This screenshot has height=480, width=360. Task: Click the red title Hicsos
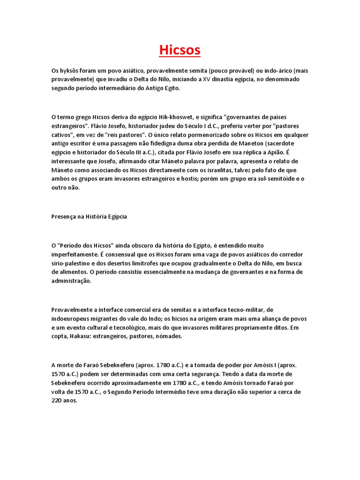click(x=180, y=50)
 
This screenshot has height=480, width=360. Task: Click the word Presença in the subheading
click(x=64, y=217)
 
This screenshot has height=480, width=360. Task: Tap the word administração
click(x=72, y=281)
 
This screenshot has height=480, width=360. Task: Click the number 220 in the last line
click(x=57, y=401)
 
